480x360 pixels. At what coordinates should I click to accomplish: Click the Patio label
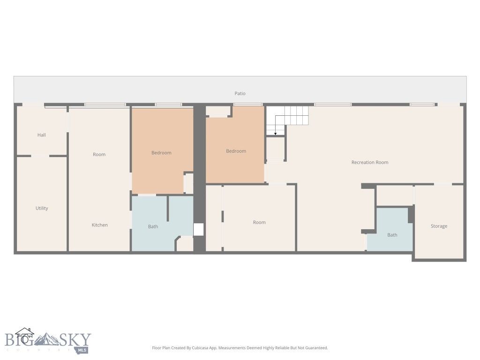240,94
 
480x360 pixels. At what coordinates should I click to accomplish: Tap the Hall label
42,135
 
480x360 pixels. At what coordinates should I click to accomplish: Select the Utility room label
42,208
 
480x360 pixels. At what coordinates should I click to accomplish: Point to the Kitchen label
99,225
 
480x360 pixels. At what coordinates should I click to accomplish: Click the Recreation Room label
370,162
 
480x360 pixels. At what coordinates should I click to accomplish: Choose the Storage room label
439,226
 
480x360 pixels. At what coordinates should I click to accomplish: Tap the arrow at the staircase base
276,133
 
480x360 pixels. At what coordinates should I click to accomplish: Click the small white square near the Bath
199,229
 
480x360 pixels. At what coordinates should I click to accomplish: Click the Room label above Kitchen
99,154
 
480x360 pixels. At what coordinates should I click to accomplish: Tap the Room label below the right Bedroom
259,222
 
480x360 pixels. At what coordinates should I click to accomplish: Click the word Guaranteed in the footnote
316,348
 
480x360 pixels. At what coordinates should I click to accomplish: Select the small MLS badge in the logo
82,350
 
